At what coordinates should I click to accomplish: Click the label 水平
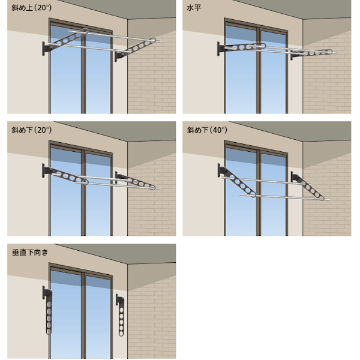click(193, 8)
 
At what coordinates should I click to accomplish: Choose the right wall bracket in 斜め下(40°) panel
click(295, 178)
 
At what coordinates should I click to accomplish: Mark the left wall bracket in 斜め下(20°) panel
click(46, 172)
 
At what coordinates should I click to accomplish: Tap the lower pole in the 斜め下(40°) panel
click(282, 196)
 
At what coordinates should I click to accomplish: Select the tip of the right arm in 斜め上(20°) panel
click(158, 41)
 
